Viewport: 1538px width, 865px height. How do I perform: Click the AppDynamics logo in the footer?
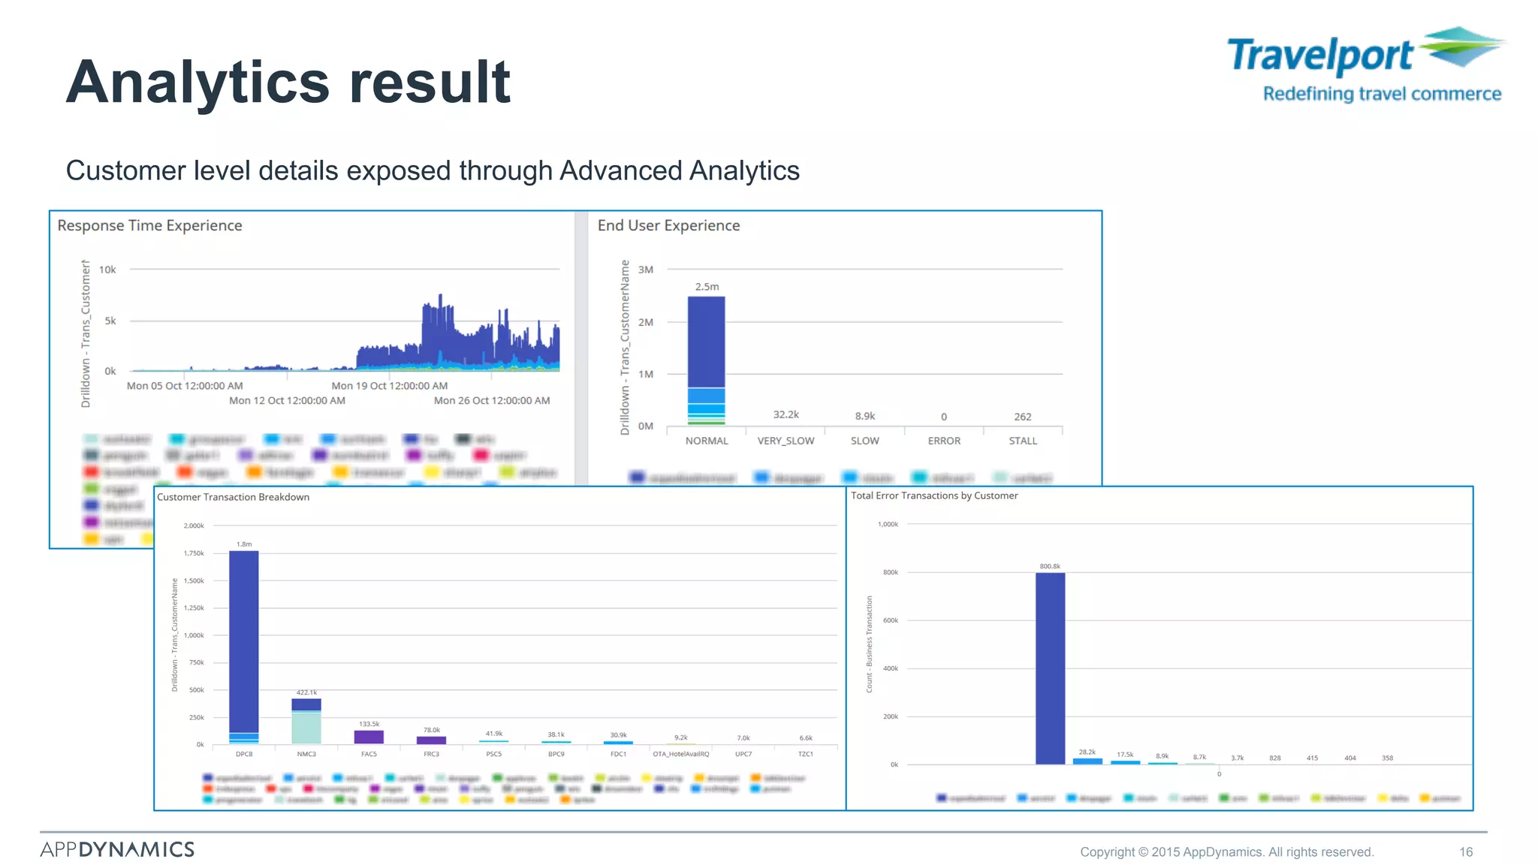(117, 849)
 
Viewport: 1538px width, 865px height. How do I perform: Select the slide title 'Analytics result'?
(288, 82)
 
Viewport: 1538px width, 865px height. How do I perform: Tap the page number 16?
(1466, 851)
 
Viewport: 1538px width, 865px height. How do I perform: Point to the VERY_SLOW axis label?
(786, 441)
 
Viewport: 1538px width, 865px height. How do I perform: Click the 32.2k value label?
(786, 414)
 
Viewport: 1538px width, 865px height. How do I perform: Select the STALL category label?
(1023, 441)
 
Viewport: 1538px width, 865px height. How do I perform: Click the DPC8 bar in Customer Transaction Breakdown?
(244, 646)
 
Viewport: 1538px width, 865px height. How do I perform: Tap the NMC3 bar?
(306, 721)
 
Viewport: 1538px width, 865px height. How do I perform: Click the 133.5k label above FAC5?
(369, 724)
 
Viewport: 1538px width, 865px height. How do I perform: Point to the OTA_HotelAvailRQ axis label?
(680, 754)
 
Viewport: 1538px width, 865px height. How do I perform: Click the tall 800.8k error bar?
(1050, 668)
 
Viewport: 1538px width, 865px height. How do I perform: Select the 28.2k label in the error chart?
(1087, 752)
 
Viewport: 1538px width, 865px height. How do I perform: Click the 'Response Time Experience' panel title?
(149, 226)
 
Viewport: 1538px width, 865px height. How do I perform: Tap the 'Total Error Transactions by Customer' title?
(934, 496)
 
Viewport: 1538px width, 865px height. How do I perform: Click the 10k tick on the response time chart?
(107, 270)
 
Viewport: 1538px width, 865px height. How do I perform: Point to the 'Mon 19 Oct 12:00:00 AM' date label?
(389, 386)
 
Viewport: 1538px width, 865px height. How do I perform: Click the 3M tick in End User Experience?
(646, 270)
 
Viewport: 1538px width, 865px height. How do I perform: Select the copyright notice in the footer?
(1226, 851)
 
